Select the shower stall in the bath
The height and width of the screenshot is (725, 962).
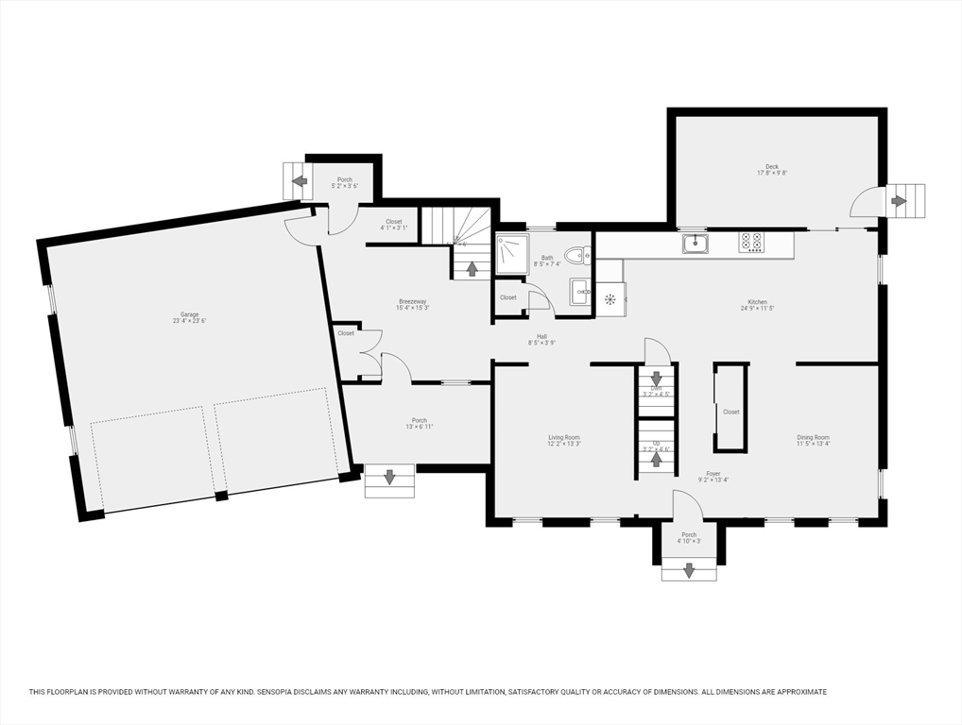(512, 253)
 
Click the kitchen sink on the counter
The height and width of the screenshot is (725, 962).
(696, 244)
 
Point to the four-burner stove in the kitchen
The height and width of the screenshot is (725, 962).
(751, 243)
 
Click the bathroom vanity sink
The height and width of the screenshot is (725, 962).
(580, 292)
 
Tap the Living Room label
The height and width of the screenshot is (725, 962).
(564, 438)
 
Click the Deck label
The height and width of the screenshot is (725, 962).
(772, 167)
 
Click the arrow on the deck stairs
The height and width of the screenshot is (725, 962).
(899, 200)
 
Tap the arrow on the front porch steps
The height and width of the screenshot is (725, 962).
(689, 569)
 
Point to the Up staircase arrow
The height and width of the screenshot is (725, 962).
(656, 460)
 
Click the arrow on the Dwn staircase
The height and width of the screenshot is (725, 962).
(656, 379)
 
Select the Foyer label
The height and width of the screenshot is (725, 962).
(713, 474)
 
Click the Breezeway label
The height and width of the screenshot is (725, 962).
(413, 301)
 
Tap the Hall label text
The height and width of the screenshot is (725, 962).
(541, 336)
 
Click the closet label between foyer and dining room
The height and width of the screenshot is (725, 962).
(730, 412)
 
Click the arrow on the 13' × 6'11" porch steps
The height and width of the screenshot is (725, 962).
(389, 478)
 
